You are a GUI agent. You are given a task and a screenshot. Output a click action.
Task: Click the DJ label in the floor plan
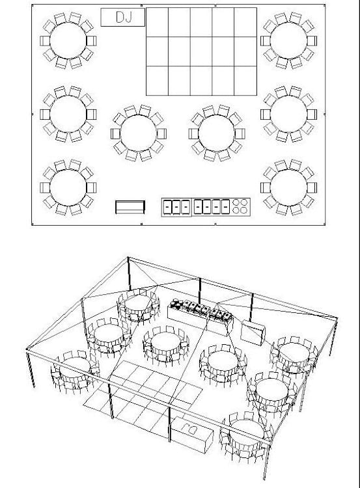point(124,17)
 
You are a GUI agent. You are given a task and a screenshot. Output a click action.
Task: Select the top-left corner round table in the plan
point(68,41)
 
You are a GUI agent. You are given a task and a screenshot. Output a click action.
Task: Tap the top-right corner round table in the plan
point(288,41)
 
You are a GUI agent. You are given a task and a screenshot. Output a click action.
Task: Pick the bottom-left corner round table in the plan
point(68,187)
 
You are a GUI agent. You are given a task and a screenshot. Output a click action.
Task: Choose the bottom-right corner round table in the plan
point(288,187)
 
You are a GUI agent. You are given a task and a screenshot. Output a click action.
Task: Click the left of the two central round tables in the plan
point(139,133)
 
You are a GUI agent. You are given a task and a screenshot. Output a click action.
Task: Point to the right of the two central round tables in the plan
point(216,133)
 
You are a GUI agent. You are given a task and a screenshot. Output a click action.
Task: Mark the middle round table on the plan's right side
point(288,115)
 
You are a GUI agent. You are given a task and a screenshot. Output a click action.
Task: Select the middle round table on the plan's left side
point(68,115)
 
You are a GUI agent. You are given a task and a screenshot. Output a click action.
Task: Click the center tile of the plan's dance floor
point(201,51)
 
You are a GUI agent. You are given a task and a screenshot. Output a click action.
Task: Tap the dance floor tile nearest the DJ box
point(158,22)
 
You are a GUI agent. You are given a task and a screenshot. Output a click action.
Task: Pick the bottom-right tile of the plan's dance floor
point(245,81)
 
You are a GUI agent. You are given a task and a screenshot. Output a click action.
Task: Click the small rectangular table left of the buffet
point(130,208)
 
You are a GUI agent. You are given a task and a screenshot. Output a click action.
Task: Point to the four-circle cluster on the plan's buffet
point(240,206)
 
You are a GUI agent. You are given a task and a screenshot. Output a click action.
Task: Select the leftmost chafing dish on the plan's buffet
point(167,207)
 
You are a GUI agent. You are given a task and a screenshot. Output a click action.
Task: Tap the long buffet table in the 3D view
point(201,318)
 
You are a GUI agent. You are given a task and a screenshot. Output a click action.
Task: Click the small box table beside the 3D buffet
point(253,332)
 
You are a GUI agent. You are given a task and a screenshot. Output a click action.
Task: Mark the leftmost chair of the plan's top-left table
point(45,41)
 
